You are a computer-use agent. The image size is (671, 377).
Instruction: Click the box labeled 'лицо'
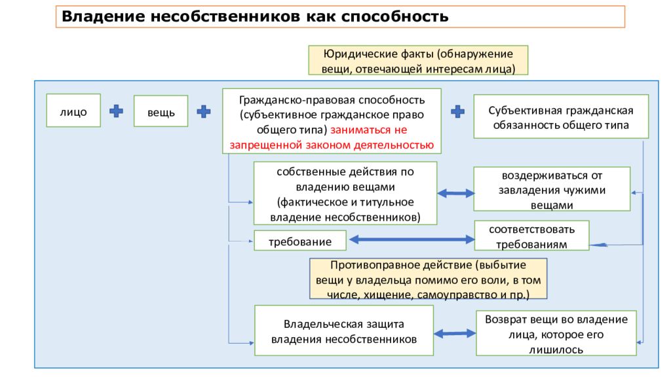73,111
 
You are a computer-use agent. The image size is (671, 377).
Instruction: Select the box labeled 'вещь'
161,111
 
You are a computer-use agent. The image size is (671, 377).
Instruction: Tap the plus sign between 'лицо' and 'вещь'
116,111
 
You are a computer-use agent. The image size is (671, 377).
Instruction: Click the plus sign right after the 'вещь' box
204,111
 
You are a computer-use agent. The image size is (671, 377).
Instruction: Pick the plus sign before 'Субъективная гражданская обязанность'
458,111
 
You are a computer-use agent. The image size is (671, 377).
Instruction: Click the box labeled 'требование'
300,241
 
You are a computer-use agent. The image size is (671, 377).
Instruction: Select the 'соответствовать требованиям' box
532,236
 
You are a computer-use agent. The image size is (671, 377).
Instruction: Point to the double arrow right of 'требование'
412,240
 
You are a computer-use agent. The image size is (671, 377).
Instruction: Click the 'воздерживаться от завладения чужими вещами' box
552,189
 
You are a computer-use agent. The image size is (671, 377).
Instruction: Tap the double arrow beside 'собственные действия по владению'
456,194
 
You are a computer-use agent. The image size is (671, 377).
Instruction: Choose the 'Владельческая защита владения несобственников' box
344,331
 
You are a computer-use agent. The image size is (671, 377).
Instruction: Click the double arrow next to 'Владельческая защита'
455,333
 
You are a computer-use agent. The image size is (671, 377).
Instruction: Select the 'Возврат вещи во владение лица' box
556,333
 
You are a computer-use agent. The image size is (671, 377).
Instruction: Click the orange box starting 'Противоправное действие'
429,279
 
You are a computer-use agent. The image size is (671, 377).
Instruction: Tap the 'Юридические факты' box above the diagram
418,60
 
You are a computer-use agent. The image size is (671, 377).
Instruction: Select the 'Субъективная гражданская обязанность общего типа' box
561,117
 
